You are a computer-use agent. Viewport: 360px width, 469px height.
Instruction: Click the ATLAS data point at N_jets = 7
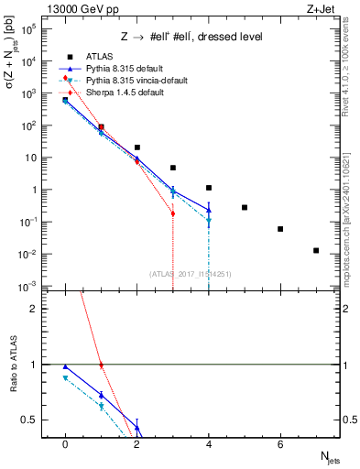coord(316,250)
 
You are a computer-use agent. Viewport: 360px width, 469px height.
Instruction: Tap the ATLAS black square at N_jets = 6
coord(280,229)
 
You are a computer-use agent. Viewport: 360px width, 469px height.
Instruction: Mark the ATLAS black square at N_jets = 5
coord(245,207)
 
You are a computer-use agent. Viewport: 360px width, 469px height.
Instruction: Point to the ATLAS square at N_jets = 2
coord(137,147)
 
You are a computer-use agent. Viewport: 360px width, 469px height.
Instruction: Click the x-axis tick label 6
coord(280,444)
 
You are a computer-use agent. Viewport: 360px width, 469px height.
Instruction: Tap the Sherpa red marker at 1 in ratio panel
coord(101,365)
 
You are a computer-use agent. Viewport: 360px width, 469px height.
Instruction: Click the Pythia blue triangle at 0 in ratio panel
coord(65,366)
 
